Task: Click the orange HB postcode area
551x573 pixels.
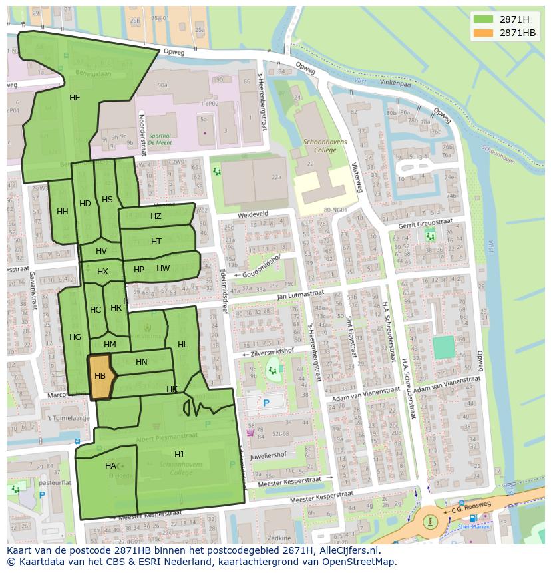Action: point(100,377)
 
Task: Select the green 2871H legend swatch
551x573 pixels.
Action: point(484,19)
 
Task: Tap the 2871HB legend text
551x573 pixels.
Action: point(518,33)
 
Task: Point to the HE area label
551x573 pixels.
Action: point(75,98)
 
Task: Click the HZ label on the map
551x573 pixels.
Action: point(156,216)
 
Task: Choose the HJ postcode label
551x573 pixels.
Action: point(178,454)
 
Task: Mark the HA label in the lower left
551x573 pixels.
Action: point(110,466)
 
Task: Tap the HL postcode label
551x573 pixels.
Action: point(182,345)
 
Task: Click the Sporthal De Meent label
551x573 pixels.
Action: point(160,138)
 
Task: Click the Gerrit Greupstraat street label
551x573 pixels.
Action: point(425,223)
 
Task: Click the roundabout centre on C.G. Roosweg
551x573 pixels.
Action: point(430,521)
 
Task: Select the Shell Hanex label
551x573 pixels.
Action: point(472,528)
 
